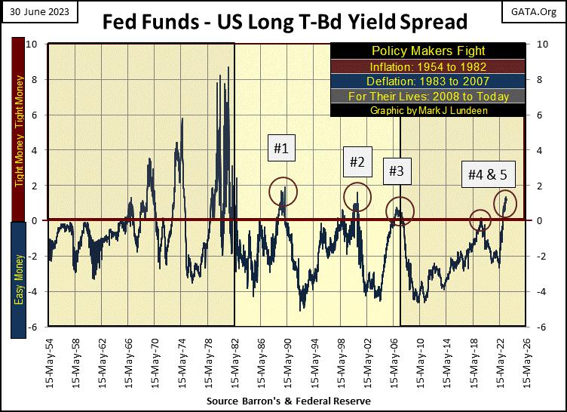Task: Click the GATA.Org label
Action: (x=539, y=10)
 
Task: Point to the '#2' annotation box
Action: (x=357, y=161)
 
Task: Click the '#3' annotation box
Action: (x=396, y=171)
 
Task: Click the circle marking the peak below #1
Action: (x=283, y=192)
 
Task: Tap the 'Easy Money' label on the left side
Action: (x=18, y=273)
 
